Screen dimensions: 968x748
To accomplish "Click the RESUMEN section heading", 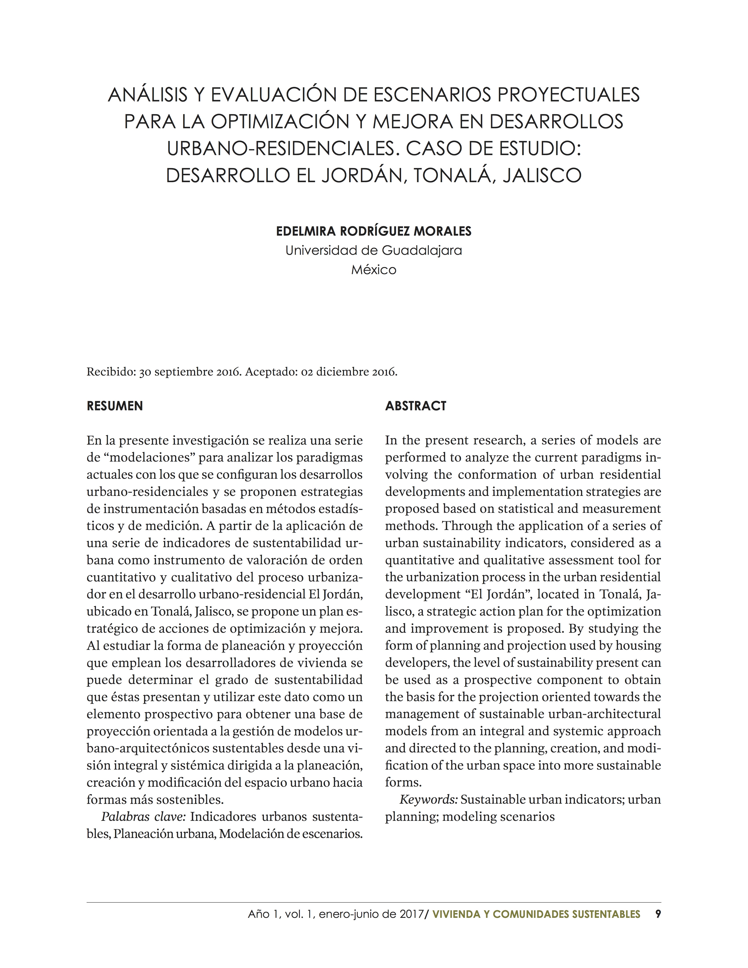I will (x=115, y=406).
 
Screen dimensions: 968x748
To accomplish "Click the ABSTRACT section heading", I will (x=416, y=406).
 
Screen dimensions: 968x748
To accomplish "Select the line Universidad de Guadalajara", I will (x=374, y=251).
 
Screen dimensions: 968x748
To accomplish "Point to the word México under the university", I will (x=374, y=270).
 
